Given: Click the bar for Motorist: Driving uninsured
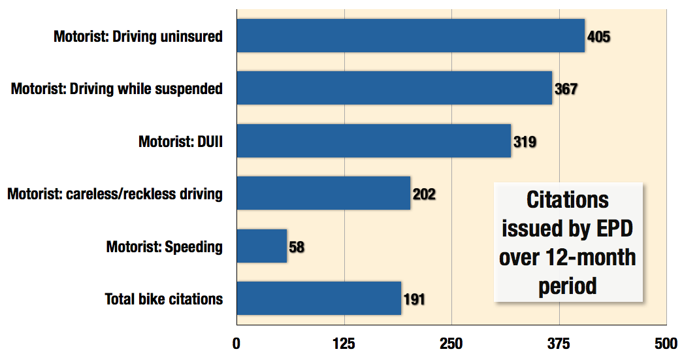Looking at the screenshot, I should [410, 35].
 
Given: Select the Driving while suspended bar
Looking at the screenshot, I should [394, 88].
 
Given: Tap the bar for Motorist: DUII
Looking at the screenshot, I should [373, 140].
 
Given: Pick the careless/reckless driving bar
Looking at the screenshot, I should [323, 193].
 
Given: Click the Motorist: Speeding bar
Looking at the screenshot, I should [261, 246].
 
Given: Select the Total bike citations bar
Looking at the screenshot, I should [319, 299].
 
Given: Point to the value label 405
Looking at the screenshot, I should [598, 37].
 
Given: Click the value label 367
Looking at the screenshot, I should [566, 89].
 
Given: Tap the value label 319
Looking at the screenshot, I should [525, 141].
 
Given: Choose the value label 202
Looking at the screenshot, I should [424, 194].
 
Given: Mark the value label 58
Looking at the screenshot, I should [297, 247].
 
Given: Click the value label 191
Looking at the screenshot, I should [414, 299].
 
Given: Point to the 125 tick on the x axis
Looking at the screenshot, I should [344, 344].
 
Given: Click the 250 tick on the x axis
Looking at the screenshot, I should [451, 344].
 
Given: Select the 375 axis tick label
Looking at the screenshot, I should [559, 344].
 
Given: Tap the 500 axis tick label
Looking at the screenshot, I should [666, 344].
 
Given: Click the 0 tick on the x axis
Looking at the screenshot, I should [236, 344].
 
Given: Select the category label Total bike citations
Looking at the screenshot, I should [164, 299].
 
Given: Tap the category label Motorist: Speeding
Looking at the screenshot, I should [165, 247].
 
